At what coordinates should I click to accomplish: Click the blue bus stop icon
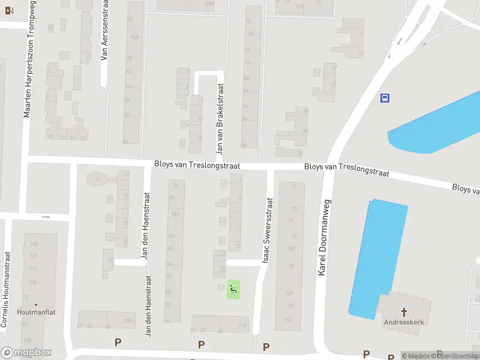click(385, 98)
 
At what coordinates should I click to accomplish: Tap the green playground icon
click(233, 290)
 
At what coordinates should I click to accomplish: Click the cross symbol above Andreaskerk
click(404, 312)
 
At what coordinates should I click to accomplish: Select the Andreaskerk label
click(404, 322)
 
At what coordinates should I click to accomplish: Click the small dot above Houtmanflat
click(36, 305)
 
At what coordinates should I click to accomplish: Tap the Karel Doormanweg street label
click(323, 237)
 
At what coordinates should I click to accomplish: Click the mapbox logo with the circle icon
click(26, 353)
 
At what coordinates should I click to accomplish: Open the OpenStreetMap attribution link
click(457, 356)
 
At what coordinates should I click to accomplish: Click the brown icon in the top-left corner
click(7, 10)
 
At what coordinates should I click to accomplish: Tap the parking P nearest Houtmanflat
click(118, 343)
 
